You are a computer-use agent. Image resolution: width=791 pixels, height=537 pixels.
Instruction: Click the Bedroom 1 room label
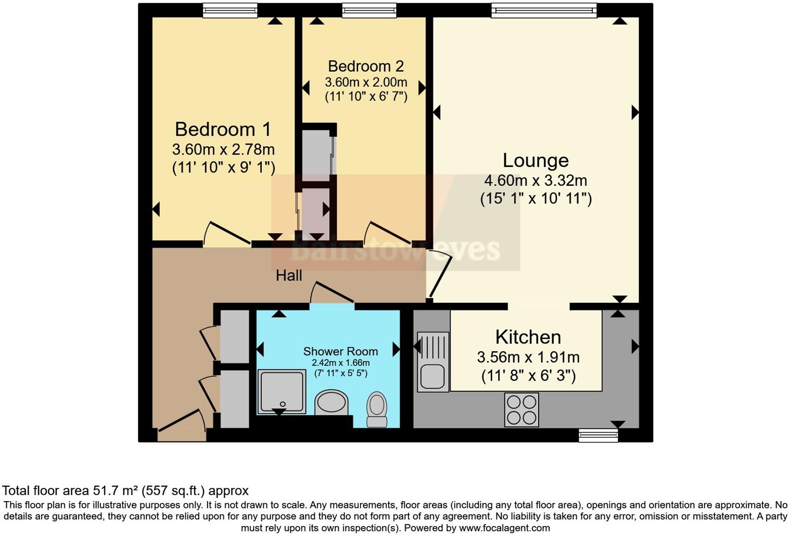[223, 129]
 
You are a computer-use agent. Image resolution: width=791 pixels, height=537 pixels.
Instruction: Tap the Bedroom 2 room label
[365, 66]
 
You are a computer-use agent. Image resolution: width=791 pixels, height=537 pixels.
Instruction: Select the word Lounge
[535, 160]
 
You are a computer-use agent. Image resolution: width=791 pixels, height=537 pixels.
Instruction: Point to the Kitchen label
[528, 337]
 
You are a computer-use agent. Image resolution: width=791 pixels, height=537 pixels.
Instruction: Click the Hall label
[289, 275]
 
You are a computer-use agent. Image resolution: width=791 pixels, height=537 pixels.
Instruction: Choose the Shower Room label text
[340, 351]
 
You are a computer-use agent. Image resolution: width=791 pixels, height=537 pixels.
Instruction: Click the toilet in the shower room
[377, 409]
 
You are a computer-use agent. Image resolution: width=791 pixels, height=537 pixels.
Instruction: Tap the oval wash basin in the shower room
[331, 403]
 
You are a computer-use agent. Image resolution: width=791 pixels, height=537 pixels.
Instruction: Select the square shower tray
[282, 391]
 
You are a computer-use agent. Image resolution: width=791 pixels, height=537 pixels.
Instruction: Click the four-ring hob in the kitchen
[521, 410]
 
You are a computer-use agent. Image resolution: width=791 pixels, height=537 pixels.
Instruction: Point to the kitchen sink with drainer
[432, 362]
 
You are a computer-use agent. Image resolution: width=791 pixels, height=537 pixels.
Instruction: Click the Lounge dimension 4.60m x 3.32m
[535, 181]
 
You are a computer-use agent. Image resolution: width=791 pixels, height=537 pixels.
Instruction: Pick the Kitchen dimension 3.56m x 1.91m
[528, 357]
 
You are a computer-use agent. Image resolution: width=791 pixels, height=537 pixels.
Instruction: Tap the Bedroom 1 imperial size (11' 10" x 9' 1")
[223, 167]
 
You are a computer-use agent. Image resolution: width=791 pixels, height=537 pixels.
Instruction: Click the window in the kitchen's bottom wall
[598, 435]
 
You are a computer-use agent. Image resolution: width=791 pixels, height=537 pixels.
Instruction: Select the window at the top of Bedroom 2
[369, 10]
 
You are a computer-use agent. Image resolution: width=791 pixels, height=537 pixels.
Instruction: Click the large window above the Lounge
[544, 10]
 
